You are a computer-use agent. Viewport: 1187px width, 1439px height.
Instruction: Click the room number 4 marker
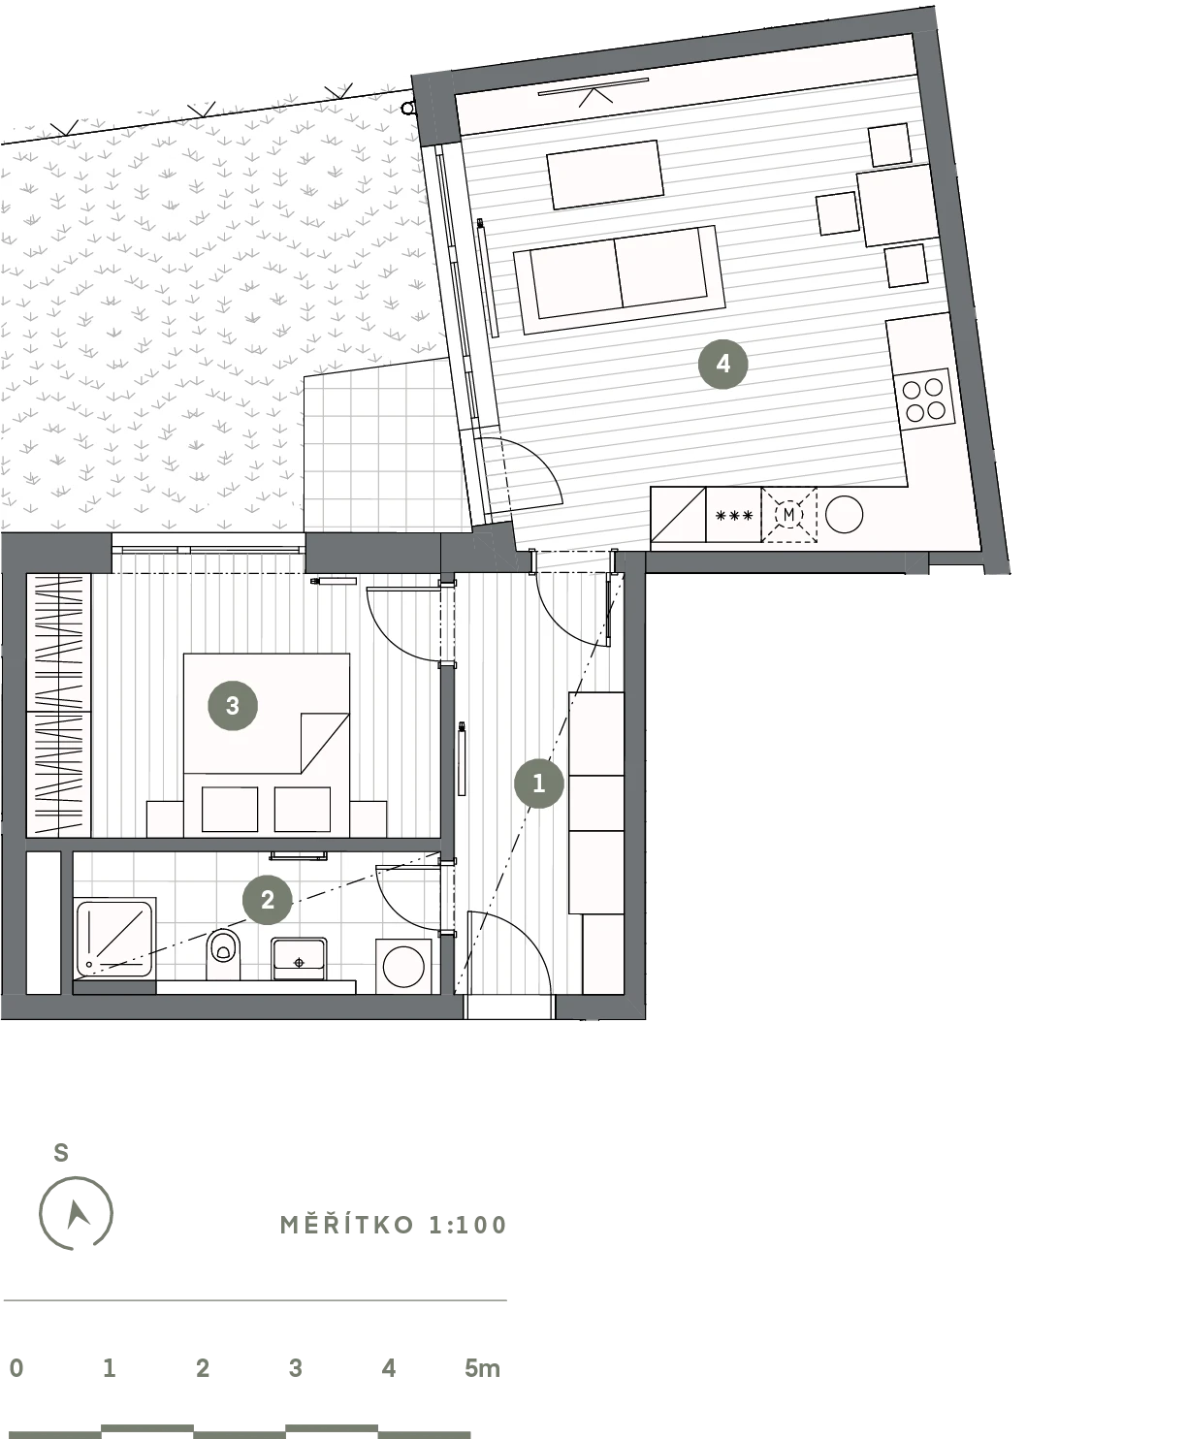(722, 364)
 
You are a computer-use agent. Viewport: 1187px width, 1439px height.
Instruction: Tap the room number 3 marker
(233, 705)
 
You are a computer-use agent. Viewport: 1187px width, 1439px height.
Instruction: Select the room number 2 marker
(268, 900)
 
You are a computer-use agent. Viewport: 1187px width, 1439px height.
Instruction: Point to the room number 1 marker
(539, 783)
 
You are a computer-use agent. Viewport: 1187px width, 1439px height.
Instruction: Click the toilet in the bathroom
(223, 954)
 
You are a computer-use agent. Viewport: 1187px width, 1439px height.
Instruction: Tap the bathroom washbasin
(299, 959)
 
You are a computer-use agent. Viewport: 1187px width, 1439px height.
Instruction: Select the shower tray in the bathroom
(114, 937)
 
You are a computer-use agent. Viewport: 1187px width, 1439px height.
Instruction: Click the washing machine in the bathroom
(403, 966)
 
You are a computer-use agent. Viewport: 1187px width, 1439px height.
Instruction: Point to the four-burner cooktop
(923, 400)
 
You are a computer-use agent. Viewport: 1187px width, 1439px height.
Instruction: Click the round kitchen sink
(844, 514)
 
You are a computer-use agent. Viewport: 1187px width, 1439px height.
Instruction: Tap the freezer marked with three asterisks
(733, 515)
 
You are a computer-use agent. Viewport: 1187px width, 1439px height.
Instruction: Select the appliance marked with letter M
(789, 515)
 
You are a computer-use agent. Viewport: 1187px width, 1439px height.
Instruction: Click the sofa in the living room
(619, 279)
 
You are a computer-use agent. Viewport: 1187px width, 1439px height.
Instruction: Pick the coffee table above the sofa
(605, 175)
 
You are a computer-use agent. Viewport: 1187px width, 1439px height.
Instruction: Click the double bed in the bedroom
(267, 745)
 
